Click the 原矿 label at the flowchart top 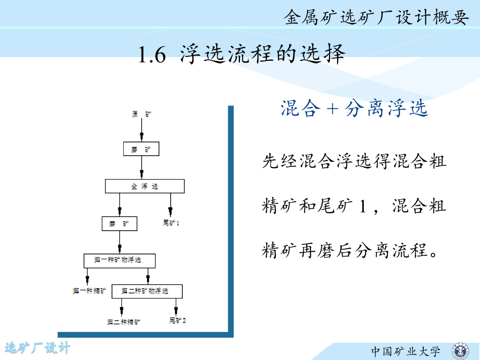tap(142, 114)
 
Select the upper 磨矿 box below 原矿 tap(142, 150)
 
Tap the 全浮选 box tap(144, 186)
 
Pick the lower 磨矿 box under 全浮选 tap(120, 224)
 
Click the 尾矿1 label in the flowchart tap(171, 223)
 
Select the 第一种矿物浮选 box tap(119, 260)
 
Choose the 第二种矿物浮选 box tap(147, 291)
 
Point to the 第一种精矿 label tap(89, 291)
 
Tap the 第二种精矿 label tap(124, 322)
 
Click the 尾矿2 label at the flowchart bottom tap(178, 321)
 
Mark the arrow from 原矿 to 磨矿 tap(142, 130)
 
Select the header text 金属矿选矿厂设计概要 tap(376, 18)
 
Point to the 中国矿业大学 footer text tap(406, 351)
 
